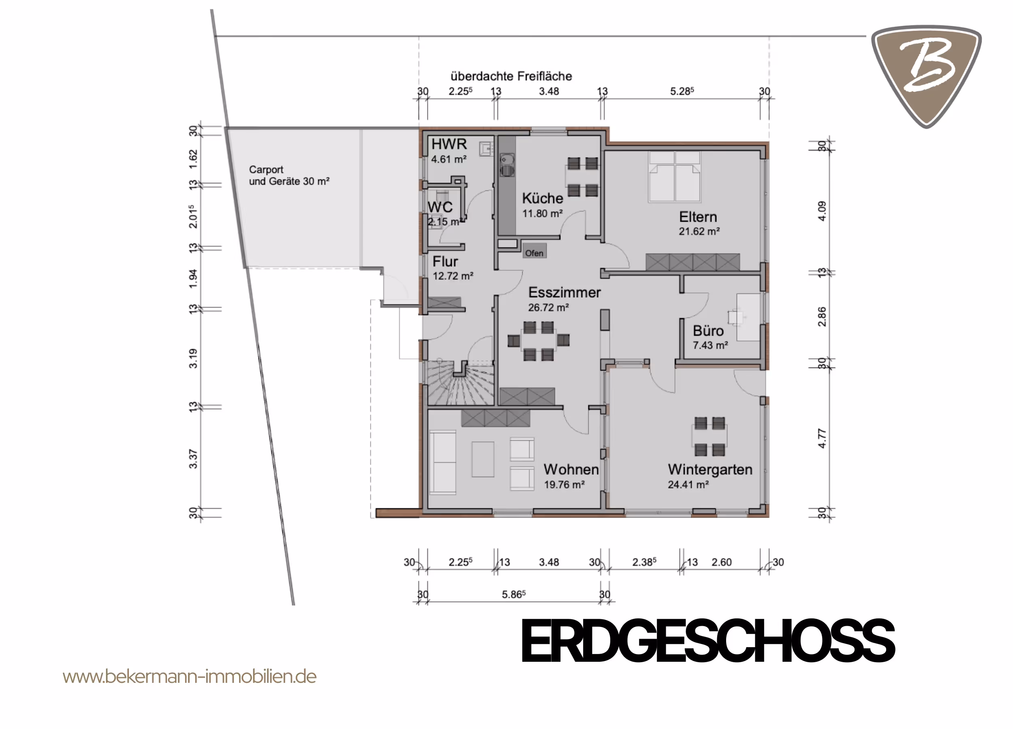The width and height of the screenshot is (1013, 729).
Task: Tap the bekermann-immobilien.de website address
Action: [189, 676]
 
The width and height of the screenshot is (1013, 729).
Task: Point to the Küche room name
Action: [543, 198]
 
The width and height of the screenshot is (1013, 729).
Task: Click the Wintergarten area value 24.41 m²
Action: [688, 485]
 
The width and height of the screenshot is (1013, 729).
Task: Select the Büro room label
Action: [708, 331]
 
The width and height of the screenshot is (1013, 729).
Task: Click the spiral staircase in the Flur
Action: [460, 383]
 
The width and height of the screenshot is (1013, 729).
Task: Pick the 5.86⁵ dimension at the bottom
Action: [514, 594]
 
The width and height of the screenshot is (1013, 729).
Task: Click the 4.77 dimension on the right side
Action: [822, 438]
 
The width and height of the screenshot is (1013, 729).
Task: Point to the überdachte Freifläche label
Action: [511, 76]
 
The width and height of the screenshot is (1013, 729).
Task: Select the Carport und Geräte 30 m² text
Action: [289, 175]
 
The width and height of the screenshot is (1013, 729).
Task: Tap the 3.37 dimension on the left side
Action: [193, 459]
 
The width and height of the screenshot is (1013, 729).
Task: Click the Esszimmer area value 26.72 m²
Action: [549, 307]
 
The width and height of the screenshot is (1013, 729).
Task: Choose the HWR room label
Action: [449, 144]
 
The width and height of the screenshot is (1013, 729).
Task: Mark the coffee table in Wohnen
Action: [483, 459]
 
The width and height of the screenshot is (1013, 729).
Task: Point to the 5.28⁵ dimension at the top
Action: [682, 91]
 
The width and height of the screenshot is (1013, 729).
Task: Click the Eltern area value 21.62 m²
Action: [699, 231]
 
